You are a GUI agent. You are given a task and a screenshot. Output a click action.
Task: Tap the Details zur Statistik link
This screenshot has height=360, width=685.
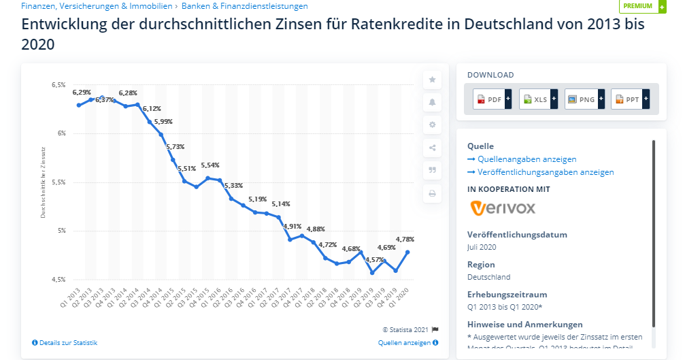click(65, 342)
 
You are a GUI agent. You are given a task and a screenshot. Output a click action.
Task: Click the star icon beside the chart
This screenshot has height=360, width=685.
click(432, 80)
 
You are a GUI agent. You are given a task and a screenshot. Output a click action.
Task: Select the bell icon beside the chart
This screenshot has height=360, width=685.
click(432, 102)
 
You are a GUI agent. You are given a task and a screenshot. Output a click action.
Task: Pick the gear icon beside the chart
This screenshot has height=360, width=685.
click(432, 125)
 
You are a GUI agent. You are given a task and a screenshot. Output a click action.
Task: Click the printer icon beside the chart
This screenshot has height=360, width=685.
click(432, 193)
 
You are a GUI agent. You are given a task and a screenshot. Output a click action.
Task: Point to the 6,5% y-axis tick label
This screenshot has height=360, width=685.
click(59, 85)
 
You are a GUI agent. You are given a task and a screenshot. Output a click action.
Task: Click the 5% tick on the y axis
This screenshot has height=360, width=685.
click(61, 231)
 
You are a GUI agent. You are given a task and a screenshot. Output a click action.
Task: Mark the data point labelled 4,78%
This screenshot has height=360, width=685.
click(407, 252)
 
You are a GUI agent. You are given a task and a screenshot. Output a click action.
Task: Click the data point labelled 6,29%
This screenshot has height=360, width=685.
click(79, 105)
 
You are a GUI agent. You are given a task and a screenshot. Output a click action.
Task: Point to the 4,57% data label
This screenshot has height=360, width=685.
click(374, 259)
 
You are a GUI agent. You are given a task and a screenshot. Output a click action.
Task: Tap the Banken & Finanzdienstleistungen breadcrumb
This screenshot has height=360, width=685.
click(245, 6)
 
